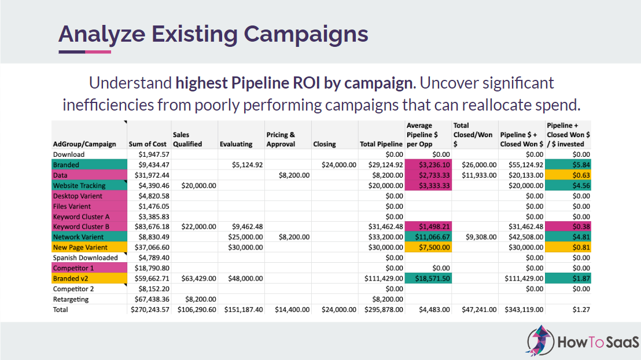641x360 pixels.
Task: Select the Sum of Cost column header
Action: [148, 144]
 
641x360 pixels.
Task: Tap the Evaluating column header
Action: [236, 144]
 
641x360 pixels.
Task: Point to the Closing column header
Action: [325, 144]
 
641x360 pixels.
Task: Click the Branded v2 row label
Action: [70, 278]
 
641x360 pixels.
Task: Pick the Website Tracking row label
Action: [79, 185]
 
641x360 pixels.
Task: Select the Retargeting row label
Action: [71, 299]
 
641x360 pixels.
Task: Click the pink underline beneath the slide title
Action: [98, 52]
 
